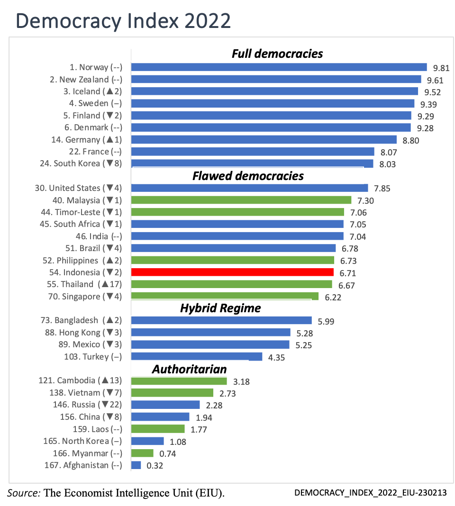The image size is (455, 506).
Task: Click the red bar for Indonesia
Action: point(232,272)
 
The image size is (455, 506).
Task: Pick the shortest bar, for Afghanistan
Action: point(136,465)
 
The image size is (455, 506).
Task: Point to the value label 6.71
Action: point(347,273)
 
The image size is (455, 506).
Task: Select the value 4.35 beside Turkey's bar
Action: point(277,358)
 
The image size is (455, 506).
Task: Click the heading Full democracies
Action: point(277,54)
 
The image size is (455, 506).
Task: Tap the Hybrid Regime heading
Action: point(220,308)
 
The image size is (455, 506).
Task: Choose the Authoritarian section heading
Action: point(189,369)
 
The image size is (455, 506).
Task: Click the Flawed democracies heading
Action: point(248,176)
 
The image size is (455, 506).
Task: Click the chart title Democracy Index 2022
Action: point(123,21)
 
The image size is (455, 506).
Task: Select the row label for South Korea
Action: point(81,163)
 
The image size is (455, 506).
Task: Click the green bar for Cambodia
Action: point(179,381)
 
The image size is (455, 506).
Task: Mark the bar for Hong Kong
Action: point(210,333)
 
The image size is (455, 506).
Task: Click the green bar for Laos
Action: point(157,429)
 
